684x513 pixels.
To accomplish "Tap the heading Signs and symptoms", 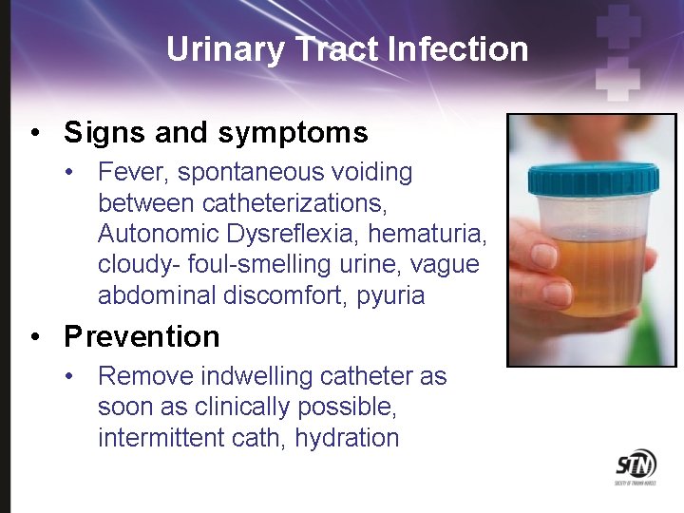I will coord(216,132).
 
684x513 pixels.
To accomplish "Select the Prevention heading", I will coord(142,336).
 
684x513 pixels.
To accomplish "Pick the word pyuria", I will coord(390,295).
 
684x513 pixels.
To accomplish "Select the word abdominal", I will coord(157,295).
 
